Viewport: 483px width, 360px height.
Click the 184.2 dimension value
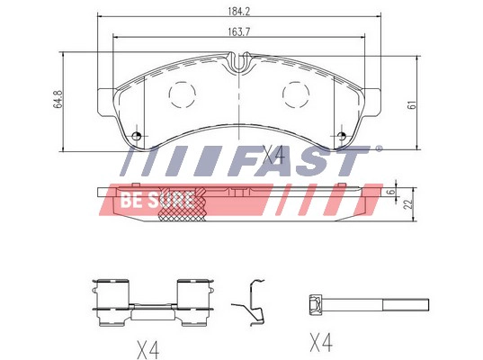click(239, 12)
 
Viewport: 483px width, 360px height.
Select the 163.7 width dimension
click(239, 31)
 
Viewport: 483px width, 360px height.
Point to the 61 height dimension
click(412, 104)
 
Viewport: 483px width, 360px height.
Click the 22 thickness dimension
click(408, 203)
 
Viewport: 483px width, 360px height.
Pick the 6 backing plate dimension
click(391, 192)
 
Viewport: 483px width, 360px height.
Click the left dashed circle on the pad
click(183, 94)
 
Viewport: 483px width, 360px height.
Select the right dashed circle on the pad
click(296, 94)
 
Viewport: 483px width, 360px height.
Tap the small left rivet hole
click(136, 136)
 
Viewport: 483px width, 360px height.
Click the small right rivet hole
click(341, 136)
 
